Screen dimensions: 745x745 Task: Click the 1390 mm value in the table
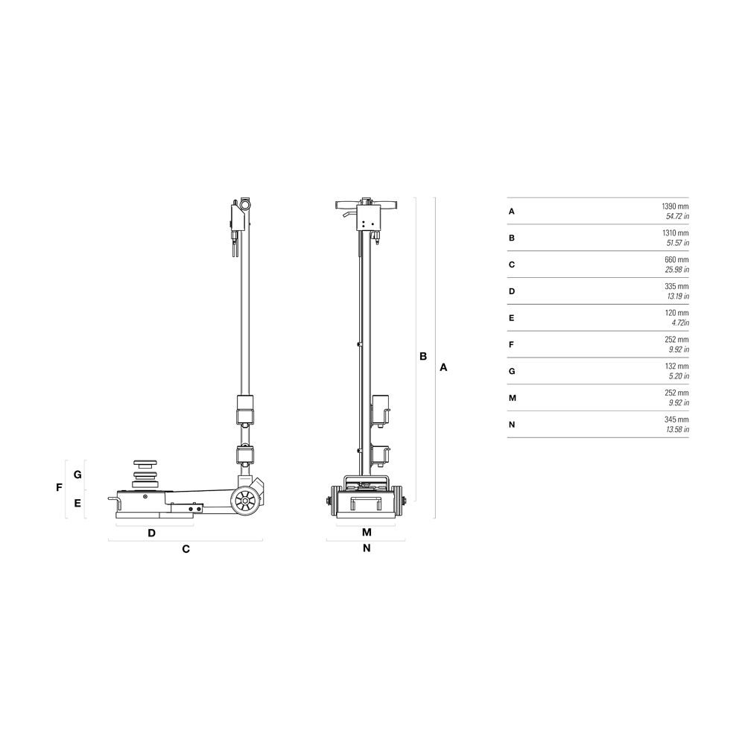pyautogui.click(x=675, y=206)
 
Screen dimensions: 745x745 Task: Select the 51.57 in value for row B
pyautogui.click(x=677, y=243)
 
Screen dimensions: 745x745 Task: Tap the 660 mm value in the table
pyautogui.click(x=676, y=259)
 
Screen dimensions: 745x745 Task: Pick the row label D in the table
pyautogui.click(x=512, y=291)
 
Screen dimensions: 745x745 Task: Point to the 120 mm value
pyautogui.click(x=676, y=313)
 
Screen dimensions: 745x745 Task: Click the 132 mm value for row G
pyautogui.click(x=676, y=366)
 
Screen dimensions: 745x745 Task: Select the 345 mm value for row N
pyautogui.click(x=676, y=419)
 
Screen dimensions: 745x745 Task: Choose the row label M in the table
pyautogui.click(x=513, y=398)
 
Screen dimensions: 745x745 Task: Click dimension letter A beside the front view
pyautogui.click(x=443, y=367)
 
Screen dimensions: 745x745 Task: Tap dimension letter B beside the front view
pyautogui.click(x=423, y=356)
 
